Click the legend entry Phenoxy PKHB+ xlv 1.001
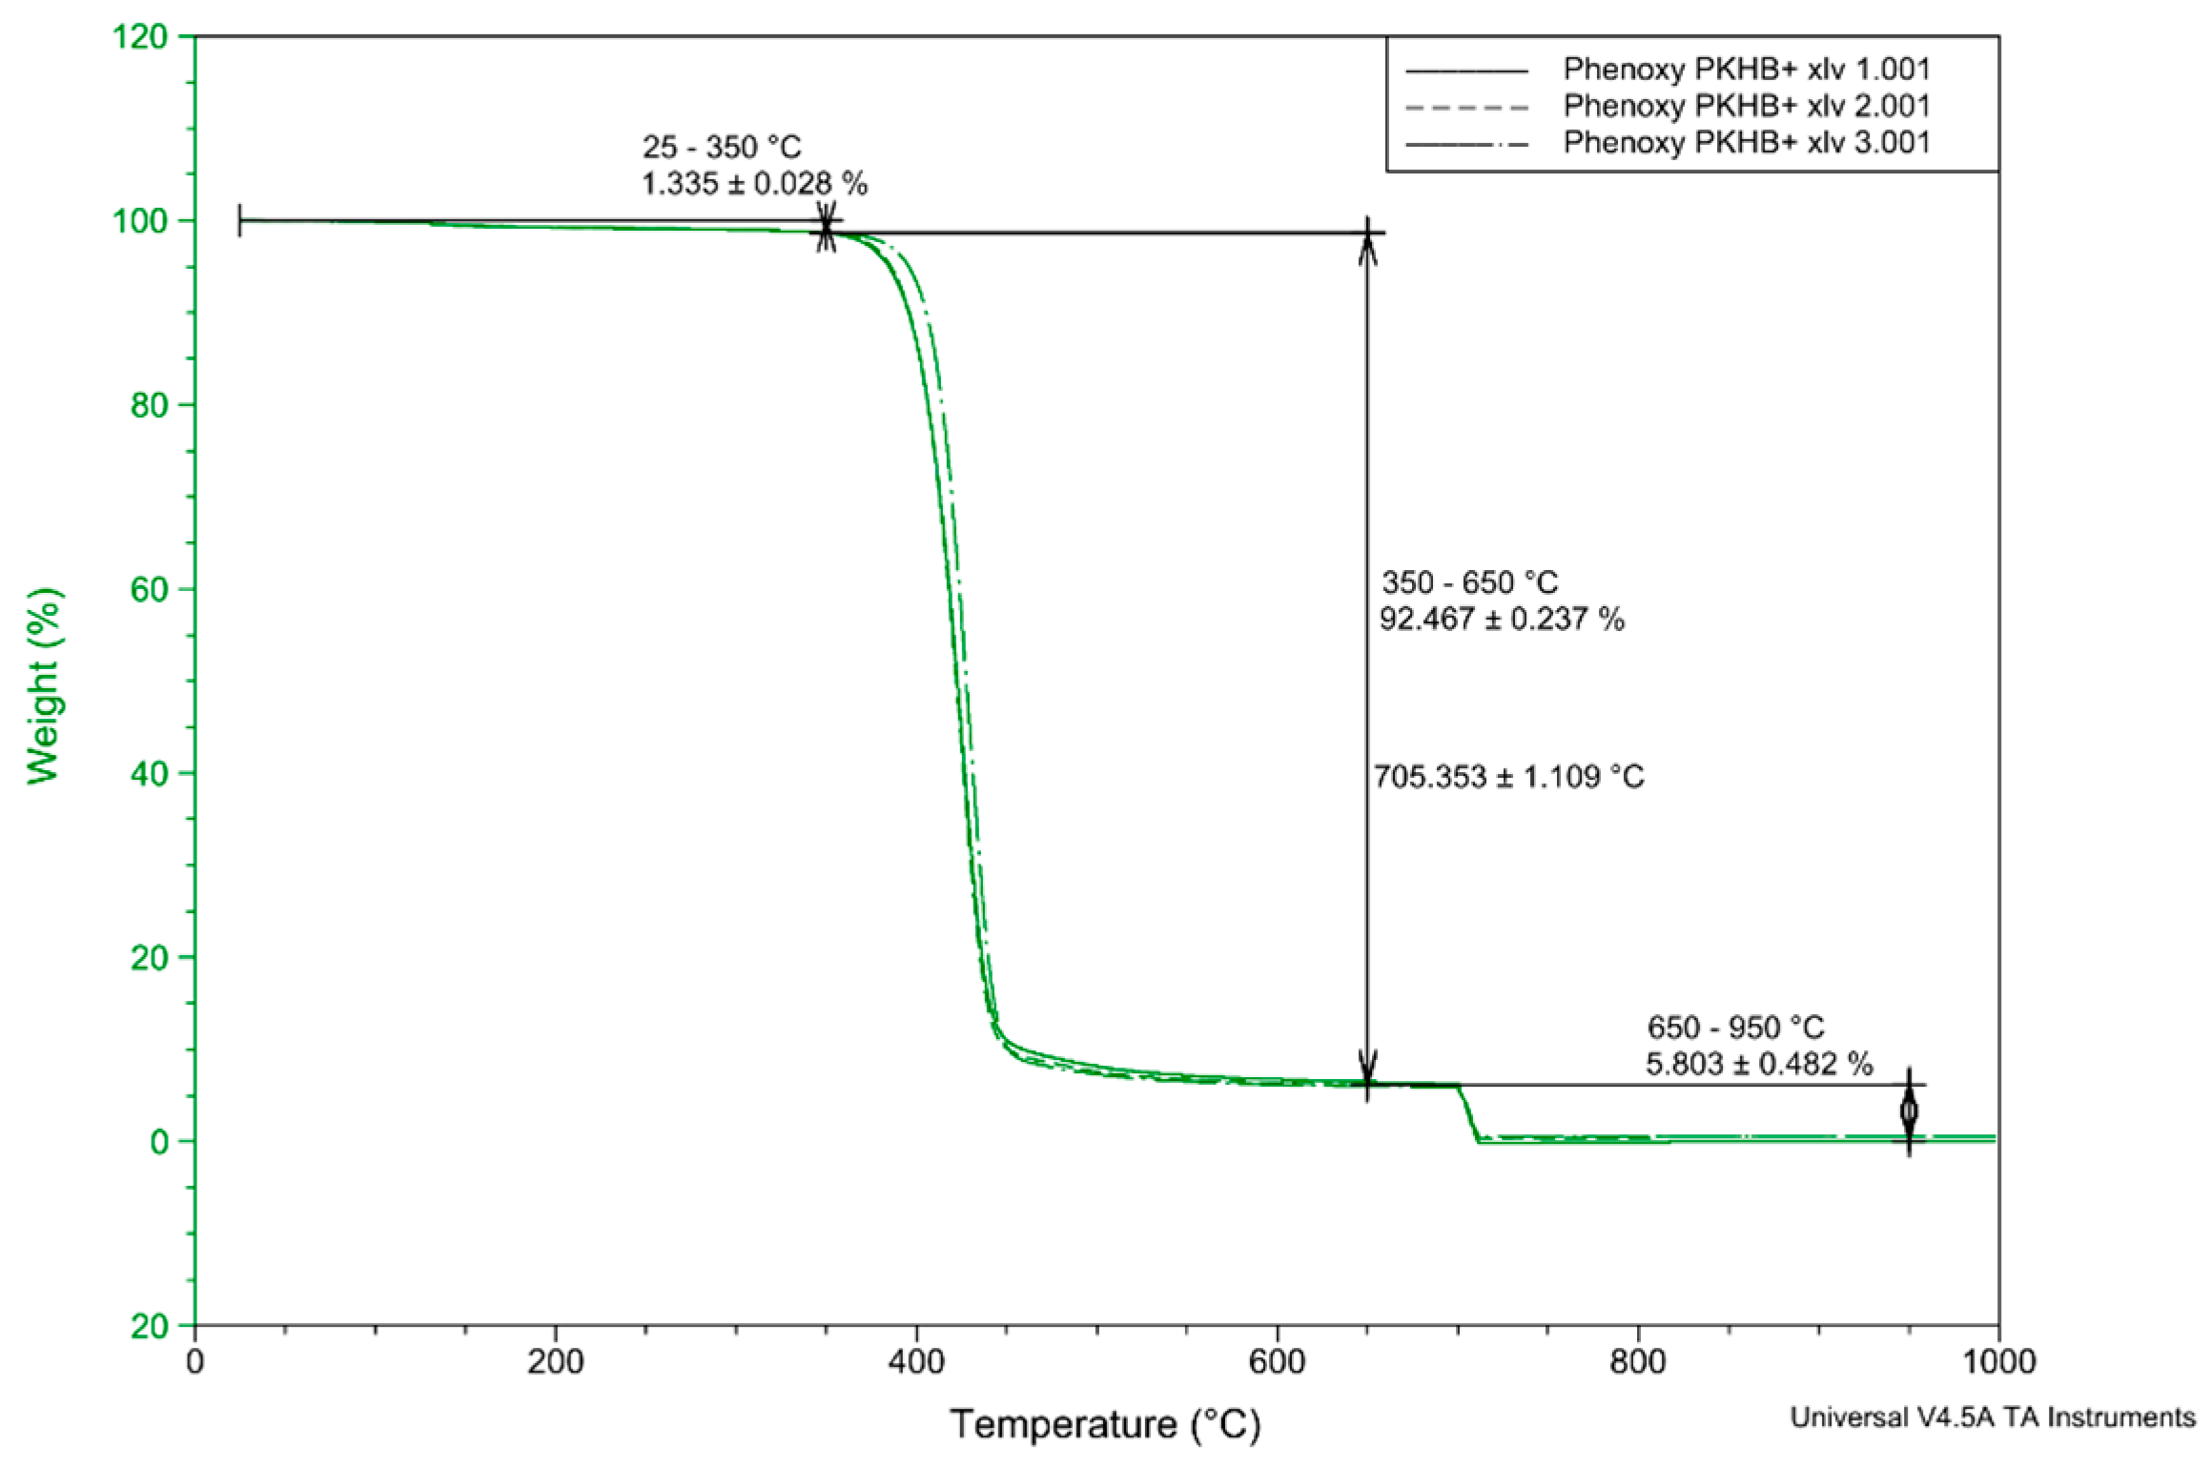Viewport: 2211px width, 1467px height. coord(1746,70)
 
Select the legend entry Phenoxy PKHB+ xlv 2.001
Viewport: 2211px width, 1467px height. coord(1746,106)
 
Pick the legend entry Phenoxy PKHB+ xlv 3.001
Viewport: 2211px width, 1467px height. coord(1746,143)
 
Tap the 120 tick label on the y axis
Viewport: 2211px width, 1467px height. coord(140,37)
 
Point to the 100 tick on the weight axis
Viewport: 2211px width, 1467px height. coord(140,221)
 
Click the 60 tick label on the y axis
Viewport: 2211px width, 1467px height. coord(149,590)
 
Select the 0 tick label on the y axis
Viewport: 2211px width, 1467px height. coord(159,1142)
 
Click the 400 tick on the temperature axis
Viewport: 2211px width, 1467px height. coord(916,1362)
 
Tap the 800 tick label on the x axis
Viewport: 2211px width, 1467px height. coord(1637,1362)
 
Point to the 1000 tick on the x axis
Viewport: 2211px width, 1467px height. coord(1997,1362)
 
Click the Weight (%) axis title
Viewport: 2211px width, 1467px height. coord(44,686)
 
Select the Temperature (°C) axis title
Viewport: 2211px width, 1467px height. coord(1105,1425)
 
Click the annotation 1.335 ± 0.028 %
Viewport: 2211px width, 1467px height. coord(754,184)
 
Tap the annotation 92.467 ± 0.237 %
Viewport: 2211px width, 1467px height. coord(1502,620)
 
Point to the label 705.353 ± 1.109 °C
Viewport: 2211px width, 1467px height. coord(1508,777)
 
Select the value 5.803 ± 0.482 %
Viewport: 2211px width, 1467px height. coord(1759,1064)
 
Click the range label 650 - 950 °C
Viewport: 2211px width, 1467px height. coord(1735,1028)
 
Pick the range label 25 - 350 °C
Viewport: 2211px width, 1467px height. coord(722,148)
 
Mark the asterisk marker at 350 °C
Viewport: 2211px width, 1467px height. coord(826,230)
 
